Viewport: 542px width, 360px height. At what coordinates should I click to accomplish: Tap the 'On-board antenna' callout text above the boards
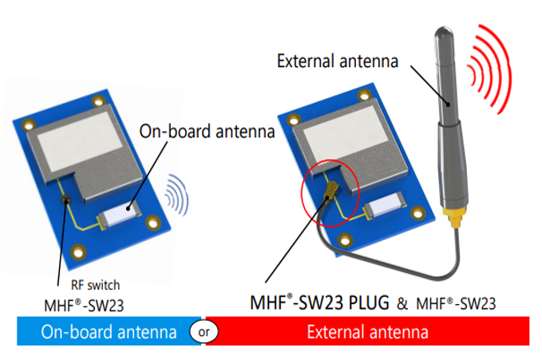pyautogui.click(x=207, y=132)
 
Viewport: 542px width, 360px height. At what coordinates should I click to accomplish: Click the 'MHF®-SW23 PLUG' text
pyautogui.click(x=320, y=303)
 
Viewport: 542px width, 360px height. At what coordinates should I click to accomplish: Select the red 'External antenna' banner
pyautogui.click(x=368, y=331)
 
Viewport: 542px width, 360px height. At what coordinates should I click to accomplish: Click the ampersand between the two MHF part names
pyautogui.click(x=402, y=303)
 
